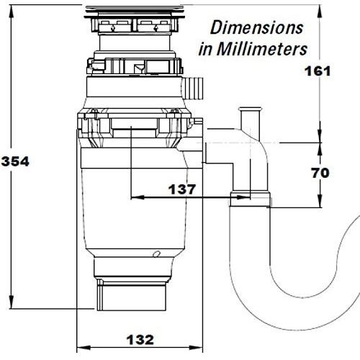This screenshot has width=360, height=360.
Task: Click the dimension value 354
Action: [15, 161]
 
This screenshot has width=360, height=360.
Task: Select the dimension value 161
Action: [318, 71]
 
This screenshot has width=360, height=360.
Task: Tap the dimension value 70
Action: [320, 173]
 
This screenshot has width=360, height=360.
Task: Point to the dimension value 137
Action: [182, 189]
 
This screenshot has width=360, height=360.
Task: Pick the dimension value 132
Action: [140, 340]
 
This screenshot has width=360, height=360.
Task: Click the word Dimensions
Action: [256, 27]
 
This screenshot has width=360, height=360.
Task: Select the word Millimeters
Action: [262, 49]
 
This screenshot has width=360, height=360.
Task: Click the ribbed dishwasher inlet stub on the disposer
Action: [193, 88]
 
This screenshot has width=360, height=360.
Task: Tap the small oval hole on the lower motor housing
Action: [157, 253]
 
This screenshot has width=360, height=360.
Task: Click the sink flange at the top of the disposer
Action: [135, 12]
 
